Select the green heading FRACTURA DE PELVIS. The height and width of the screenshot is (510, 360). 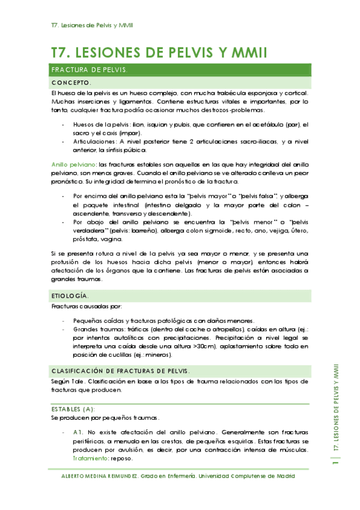pos(90,70)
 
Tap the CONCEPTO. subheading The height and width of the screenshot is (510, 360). pos(72,82)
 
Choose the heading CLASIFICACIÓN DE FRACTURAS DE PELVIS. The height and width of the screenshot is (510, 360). pos(121,371)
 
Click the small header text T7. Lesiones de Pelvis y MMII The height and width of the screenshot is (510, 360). pos(93,25)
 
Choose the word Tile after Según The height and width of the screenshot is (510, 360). pos(76,381)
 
